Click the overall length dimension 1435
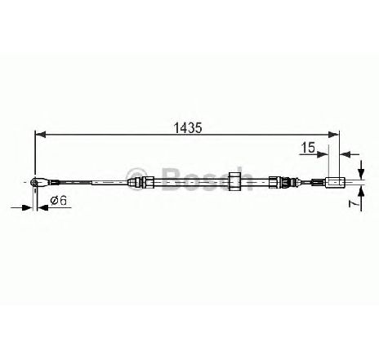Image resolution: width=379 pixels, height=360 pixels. [188, 127]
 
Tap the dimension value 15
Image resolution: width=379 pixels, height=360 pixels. [308, 148]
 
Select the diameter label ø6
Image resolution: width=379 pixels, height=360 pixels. [59, 201]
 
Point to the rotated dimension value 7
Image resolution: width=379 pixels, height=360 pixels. [353, 203]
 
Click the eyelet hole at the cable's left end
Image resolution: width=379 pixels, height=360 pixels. [34, 181]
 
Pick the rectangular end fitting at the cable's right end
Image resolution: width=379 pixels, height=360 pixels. [335, 182]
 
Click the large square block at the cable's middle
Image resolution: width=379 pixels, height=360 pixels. [234, 181]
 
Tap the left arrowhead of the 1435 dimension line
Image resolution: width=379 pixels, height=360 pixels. [41, 135]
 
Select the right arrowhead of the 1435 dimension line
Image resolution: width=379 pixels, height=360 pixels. [334, 135]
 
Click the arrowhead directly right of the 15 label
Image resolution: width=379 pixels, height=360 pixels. [323, 154]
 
